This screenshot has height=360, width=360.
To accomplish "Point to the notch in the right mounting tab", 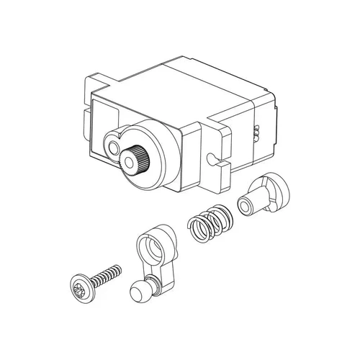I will pos(211,157).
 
